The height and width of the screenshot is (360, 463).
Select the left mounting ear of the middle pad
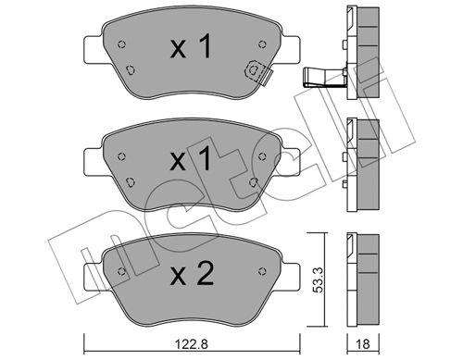pyautogui.click(x=91, y=162)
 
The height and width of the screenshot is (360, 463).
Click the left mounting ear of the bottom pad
pyautogui.click(x=91, y=276)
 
